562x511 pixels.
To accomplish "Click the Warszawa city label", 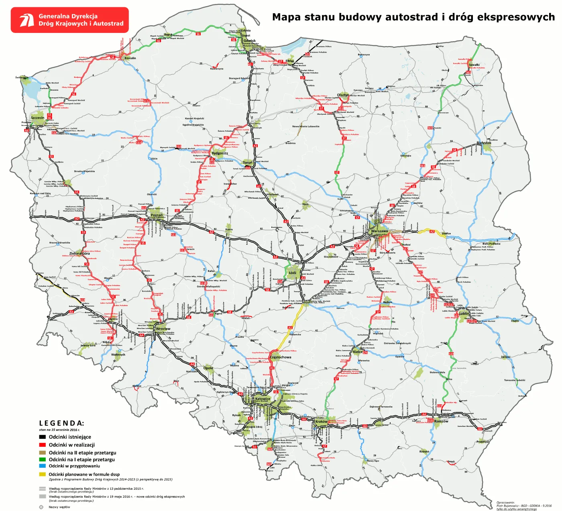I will (379, 231).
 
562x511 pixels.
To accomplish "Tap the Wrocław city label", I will (163, 328).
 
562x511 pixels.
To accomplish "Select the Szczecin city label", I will (38, 118).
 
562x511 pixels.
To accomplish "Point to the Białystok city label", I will (484, 143).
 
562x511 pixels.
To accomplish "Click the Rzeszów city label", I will (441, 421).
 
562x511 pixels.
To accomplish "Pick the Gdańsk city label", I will (249, 41).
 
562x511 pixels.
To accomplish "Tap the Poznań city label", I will (157, 215).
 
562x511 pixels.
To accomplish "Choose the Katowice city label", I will (263, 399).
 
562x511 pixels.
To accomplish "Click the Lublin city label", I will (464, 314).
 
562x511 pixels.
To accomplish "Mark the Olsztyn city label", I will (343, 95).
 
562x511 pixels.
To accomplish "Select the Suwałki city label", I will (474, 65).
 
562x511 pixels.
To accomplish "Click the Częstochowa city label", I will (281, 357).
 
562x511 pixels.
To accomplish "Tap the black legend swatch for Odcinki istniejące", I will (42, 437).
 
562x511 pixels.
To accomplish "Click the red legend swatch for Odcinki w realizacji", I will (42, 445).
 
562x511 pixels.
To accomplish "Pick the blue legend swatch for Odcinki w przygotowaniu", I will (42, 466).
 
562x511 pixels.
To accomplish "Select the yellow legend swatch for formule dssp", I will (42, 474).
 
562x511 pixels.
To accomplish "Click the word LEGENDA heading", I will (61, 423).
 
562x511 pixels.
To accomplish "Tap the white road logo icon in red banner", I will (27, 20).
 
